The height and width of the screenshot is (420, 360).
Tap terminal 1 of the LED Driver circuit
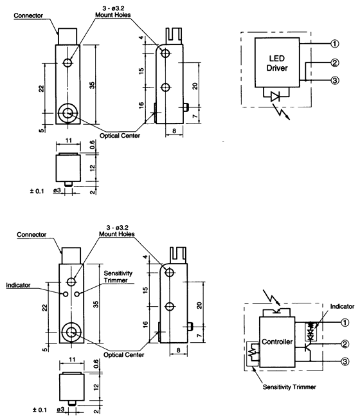click(x=334, y=44)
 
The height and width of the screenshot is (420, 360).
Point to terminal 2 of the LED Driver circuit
click(x=334, y=62)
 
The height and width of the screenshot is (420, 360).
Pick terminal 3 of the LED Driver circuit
click(x=334, y=80)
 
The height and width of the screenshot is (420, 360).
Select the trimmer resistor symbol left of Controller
click(x=252, y=353)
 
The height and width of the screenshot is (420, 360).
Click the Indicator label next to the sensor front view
click(x=19, y=284)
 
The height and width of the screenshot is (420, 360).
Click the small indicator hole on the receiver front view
click(x=65, y=293)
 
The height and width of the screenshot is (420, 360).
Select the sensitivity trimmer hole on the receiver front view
click(x=78, y=293)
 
